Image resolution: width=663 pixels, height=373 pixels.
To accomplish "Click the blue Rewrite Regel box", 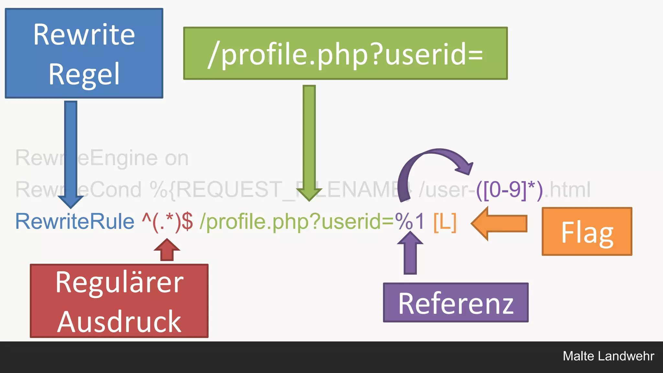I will click(84, 53).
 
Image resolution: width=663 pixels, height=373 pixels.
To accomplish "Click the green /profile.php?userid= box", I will click(345, 53).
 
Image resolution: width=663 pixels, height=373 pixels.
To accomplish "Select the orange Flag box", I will click(587, 232).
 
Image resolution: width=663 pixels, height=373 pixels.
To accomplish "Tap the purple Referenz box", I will click(455, 302).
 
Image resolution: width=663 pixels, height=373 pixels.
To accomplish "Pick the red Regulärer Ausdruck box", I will click(119, 301).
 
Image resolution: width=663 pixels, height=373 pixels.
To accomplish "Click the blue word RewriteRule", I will click(75, 221).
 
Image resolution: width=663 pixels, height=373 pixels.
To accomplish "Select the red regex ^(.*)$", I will click(167, 221).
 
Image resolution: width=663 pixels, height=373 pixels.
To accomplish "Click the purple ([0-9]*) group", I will click(509, 190).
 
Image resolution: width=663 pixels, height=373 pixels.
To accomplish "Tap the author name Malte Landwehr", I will click(608, 356).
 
